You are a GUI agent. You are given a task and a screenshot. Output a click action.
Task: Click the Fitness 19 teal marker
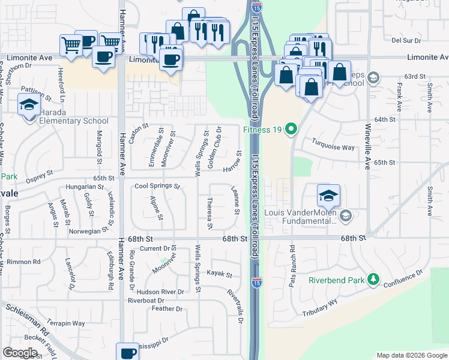[292, 129]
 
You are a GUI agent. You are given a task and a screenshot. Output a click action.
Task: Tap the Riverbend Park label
[336, 280]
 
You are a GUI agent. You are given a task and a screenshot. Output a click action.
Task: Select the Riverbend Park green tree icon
[373, 280]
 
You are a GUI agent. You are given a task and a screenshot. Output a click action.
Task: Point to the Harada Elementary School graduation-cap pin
[29, 106]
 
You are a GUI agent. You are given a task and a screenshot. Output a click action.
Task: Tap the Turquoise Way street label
[333, 143]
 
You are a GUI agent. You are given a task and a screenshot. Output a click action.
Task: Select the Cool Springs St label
[157, 186]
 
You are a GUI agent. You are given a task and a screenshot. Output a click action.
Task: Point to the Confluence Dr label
[415, 279]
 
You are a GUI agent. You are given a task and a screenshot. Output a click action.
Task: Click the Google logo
[20, 352]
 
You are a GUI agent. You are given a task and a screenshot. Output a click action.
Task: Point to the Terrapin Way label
[66, 323]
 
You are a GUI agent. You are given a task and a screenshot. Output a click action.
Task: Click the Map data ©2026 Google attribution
[411, 355]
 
